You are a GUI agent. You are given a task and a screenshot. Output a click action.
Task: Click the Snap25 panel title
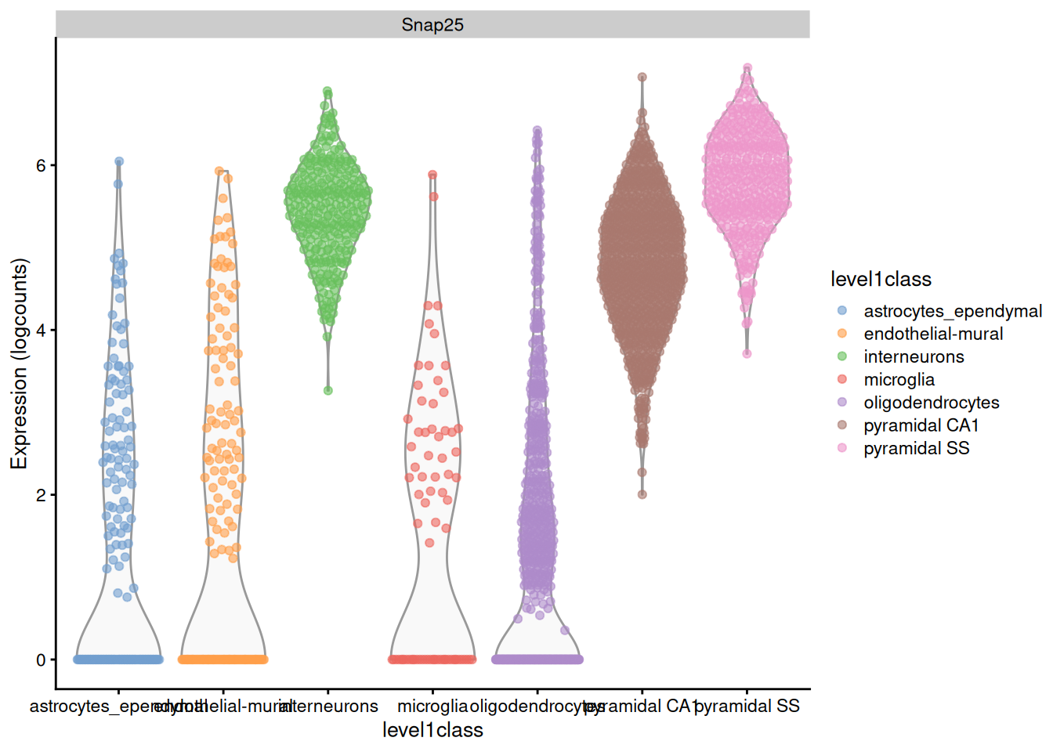432,25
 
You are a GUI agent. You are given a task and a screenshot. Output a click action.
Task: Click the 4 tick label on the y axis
41,330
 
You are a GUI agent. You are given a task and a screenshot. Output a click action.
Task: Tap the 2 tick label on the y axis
41,495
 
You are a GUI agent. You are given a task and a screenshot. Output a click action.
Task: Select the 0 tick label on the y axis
41,660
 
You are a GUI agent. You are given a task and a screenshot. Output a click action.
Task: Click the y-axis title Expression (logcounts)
19,363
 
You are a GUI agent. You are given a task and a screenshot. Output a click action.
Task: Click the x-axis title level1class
432,730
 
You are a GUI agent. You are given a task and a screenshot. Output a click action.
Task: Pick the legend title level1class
881,280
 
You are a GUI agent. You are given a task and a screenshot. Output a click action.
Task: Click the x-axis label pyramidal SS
747,706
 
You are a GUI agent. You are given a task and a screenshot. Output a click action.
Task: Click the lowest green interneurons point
328,390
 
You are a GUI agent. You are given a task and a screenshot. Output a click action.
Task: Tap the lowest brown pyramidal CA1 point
642,494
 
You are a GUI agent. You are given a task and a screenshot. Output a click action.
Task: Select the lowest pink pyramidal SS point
747,353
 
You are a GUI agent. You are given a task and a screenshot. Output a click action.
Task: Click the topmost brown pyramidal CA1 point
642,77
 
